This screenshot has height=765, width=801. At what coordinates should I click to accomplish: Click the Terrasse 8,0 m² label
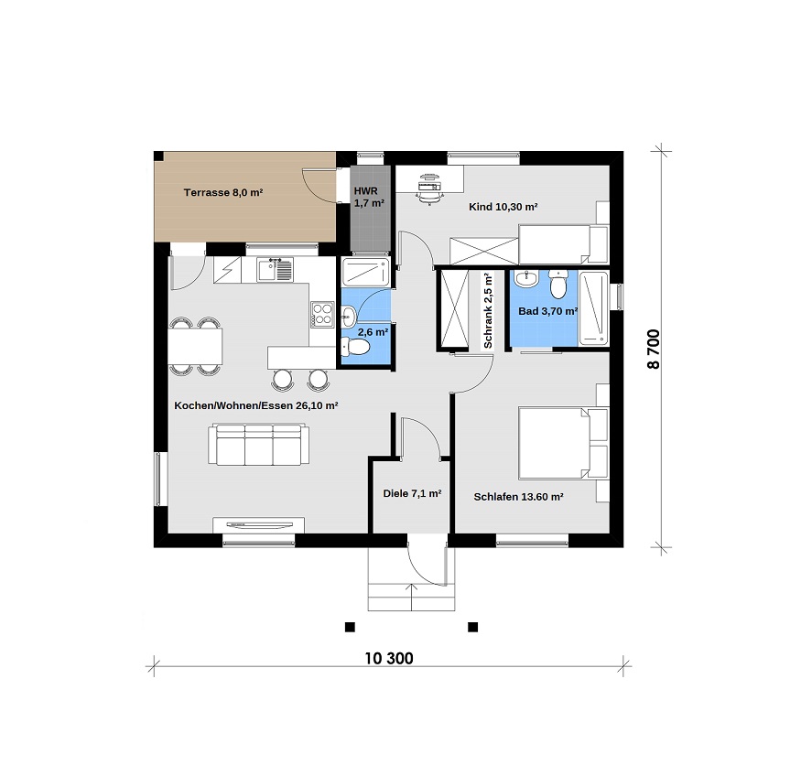(223, 192)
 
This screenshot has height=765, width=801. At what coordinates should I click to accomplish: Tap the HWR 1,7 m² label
(369, 197)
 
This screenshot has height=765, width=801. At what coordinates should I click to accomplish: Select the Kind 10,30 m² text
(503, 207)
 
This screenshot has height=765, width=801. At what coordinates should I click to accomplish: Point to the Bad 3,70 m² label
(547, 311)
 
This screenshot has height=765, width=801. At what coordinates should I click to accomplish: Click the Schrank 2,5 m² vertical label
(488, 310)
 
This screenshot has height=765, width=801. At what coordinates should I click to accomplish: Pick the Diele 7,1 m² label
(412, 493)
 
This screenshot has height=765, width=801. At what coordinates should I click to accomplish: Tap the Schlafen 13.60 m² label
(518, 497)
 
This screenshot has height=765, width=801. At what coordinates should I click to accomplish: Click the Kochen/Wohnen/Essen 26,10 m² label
(256, 405)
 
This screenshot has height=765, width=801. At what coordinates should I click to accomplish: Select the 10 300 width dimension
(389, 658)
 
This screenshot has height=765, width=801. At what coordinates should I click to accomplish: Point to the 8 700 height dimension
(654, 350)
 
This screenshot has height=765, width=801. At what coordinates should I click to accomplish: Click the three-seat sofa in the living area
(258, 445)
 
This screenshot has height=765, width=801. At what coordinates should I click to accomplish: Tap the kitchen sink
(276, 269)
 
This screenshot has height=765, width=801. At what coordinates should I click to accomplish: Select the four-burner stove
(322, 314)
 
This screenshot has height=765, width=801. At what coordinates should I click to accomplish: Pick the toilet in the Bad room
(558, 285)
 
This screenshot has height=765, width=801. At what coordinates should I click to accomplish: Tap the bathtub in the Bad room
(593, 308)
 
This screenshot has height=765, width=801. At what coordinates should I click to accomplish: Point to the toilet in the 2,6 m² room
(355, 347)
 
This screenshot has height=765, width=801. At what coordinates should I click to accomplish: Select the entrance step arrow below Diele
(412, 597)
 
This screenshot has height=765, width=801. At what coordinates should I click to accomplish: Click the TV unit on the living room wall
(258, 525)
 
